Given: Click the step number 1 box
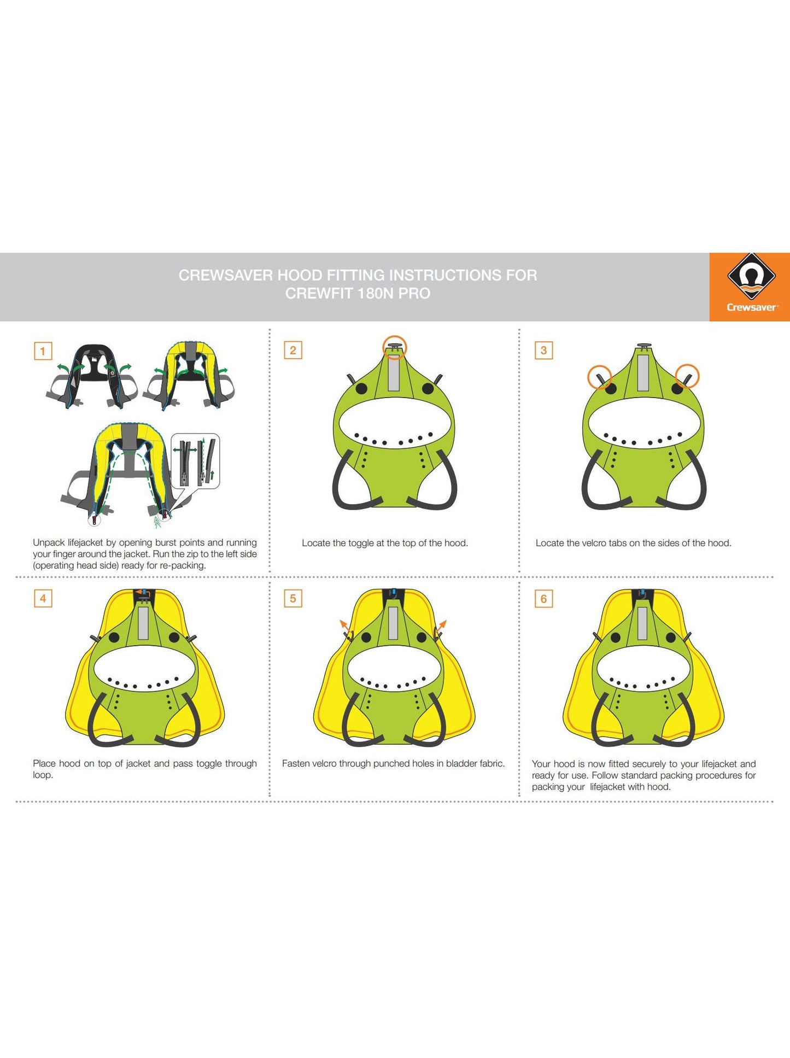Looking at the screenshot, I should [x=43, y=350].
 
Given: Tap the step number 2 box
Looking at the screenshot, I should [x=293, y=350].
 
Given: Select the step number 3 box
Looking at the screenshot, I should [x=543, y=350].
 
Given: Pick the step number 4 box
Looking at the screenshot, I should [x=43, y=598].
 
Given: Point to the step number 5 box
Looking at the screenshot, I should [x=293, y=598].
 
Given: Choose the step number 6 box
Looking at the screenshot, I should [x=543, y=599].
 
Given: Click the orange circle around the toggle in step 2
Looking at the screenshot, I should [x=395, y=347].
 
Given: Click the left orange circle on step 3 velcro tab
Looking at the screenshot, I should [x=600, y=377].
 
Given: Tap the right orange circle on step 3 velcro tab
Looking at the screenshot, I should [x=687, y=376].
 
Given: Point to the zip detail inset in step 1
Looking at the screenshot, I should [x=196, y=461].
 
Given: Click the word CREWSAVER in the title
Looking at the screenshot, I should [x=226, y=275].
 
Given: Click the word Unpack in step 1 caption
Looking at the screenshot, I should [x=49, y=542].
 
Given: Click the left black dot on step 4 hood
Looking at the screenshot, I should [x=114, y=638].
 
